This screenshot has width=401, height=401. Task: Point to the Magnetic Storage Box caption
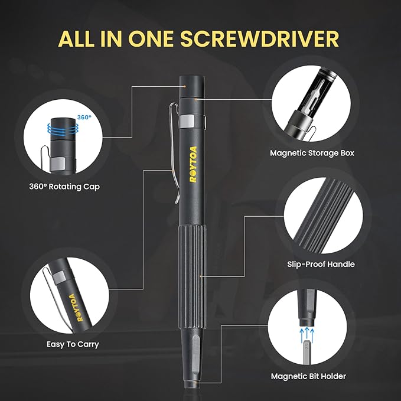tap(312, 153)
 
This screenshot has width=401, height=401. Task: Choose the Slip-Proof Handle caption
tap(321, 264)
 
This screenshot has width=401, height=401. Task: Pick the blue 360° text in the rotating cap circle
tap(84, 118)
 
